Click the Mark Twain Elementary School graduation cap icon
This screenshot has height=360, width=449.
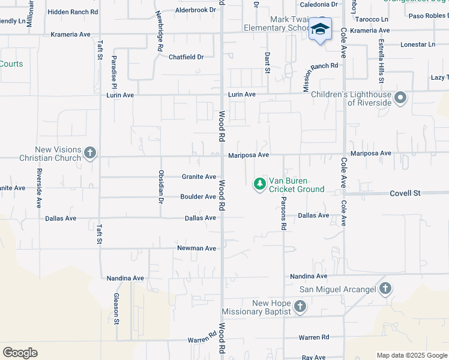tap(320, 29)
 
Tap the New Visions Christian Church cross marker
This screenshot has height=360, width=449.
tap(89, 152)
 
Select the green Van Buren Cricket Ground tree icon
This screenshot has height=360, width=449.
tap(259, 184)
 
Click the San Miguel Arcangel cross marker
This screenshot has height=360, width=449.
tap(385, 289)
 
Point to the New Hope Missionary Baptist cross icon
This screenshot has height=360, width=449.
tap(300, 307)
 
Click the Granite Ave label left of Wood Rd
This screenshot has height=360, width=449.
tap(199, 177)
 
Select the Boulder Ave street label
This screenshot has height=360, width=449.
tap(198, 197)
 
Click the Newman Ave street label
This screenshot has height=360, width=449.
tap(196, 248)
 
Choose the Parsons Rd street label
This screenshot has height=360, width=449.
tap(283, 214)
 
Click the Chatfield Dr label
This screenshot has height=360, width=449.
tap(186, 57)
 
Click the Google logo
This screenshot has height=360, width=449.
tap(20, 353)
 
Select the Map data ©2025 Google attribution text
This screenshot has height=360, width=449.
tap(412, 355)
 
